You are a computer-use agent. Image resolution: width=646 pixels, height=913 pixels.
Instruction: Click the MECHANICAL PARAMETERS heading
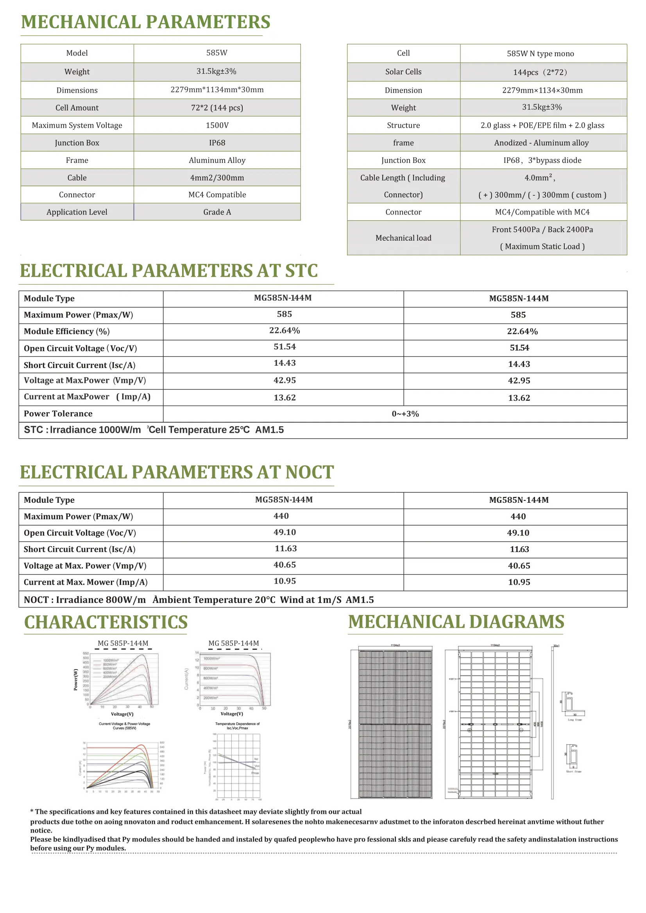click(x=146, y=22)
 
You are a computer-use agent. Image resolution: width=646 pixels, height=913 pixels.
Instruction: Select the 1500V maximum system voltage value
click(x=217, y=125)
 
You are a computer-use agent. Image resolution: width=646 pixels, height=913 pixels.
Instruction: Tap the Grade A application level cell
click(x=217, y=212)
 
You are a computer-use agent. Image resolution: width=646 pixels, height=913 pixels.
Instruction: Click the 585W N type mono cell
click(x=540, y=54)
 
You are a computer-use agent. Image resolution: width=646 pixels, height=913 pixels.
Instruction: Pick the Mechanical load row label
click(x=403, y=238)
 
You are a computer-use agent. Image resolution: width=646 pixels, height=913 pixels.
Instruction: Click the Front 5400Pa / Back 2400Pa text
click(x=542, y=229)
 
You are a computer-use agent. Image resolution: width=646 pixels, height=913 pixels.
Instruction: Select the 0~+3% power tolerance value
click(x=405, y=414)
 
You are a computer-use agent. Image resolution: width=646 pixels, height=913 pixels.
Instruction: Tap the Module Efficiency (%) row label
click(x=66, y=331)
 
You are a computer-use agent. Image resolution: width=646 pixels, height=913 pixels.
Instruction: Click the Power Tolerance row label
click(x=58, y=414)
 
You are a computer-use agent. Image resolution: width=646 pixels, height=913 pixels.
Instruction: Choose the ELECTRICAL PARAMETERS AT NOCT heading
click(x=177, y=472)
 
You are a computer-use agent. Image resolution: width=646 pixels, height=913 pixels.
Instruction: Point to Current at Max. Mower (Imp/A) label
click(x=86, y=582)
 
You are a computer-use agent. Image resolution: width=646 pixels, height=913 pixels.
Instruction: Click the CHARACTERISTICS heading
click(x=106, y=622)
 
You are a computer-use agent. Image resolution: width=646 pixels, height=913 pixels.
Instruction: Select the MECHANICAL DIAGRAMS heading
click(x=456, y=622)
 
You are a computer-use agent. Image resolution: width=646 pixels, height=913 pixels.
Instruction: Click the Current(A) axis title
click(x=186, y=678)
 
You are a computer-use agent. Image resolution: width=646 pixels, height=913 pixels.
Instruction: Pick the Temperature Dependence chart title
click(x=237, y=726)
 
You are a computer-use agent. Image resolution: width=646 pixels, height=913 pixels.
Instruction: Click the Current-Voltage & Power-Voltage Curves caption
click(x=125, y=726)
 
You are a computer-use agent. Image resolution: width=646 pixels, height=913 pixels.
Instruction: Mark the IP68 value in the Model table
click(x=217, y=143)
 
